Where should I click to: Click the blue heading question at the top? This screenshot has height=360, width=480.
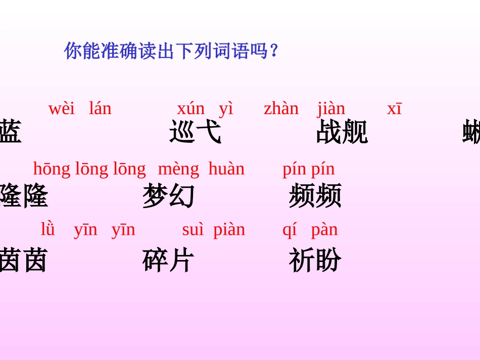171,51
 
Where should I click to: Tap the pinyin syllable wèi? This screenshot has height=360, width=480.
61,109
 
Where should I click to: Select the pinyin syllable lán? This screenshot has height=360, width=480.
100,109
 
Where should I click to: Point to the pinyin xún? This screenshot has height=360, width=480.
190,109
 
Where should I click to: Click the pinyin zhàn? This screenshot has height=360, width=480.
281,109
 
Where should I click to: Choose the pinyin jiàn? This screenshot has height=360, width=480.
331,109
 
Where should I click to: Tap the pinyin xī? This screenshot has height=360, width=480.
394,109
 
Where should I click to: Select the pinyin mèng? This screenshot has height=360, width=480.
178,169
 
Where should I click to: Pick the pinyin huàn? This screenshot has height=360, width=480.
226,169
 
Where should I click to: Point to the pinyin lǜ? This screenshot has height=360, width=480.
48,229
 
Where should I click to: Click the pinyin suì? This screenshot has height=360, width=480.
193,230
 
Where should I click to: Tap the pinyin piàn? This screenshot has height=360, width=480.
229,230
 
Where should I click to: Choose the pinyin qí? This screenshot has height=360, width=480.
290,230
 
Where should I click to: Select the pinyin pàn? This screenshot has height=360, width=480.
324,230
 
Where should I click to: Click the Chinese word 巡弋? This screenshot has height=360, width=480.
195,132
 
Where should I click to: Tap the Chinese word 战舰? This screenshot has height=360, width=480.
342,132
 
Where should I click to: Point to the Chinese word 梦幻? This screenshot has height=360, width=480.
168,196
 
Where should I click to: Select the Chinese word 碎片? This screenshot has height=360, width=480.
168,260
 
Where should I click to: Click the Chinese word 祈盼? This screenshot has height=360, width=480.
315,260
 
